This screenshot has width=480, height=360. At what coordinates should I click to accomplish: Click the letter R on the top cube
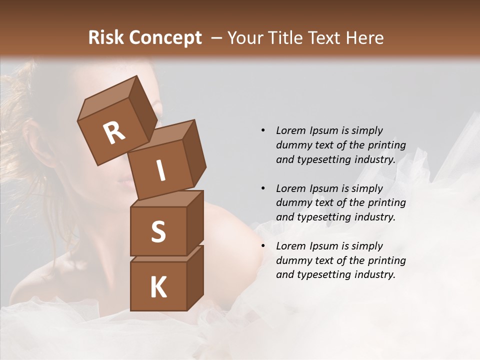pos(114,133)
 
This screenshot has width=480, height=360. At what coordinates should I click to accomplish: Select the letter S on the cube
pos(158,232)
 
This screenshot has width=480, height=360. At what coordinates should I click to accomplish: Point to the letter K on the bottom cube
pos(158,287)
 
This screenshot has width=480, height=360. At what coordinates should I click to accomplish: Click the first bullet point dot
pos(263,130)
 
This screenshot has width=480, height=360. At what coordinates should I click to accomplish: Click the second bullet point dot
pos(263,188)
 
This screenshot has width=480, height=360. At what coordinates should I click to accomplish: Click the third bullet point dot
pos(263,246)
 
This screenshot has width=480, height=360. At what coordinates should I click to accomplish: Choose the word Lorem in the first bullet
pos(291,130)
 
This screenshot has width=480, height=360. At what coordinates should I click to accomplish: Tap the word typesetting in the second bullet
pos(323,217)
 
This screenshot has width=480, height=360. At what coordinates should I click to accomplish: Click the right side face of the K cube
pos(195,278)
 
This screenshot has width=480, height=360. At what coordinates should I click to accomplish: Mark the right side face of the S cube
pos(195,223)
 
